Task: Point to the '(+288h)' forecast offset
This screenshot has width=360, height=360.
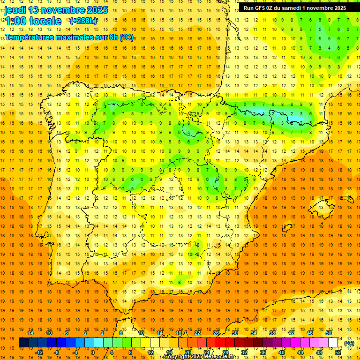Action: coord(83,21)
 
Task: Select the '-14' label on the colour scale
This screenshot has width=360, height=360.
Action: coord(30,333)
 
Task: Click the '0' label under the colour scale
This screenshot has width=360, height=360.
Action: coord(92,352)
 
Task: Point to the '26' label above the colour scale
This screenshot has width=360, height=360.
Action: coord(216,333)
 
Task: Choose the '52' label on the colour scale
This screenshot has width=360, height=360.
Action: coord(338,352)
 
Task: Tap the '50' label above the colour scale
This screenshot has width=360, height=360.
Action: coord(329,333)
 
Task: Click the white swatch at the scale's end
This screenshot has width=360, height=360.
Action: coord(333,343)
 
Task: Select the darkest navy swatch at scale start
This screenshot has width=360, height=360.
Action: coord(23,343)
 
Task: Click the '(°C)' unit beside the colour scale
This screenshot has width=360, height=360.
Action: coord(349,343)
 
